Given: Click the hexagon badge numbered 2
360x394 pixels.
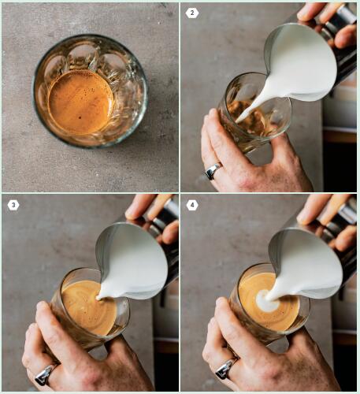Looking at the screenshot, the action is point(192,13).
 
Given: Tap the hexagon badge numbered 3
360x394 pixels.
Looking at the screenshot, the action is point(13,205).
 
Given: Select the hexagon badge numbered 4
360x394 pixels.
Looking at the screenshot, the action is point(192,205).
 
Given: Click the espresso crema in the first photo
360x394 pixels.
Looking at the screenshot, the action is point(80,102).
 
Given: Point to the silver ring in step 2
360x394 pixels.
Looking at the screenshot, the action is point(213,171).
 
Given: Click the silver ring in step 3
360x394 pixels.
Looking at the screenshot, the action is point(45,374).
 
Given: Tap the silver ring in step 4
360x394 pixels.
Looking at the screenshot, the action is point(226,368).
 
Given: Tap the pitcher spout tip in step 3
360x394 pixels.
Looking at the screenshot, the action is point(98,298).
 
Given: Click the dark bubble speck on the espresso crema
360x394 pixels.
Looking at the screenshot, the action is point(80,117).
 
